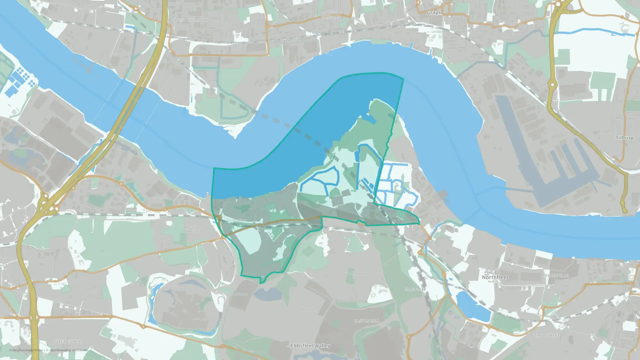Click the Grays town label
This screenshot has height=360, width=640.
pos(433,12)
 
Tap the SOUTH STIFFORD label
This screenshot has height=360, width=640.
pos(331,15)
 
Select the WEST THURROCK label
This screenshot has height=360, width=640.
pos(191,20)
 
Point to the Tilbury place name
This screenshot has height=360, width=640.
pos(624,138)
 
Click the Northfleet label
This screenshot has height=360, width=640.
pos(495,277)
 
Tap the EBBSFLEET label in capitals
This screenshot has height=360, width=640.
pos(415,289)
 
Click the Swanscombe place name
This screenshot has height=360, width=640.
pos(354,274)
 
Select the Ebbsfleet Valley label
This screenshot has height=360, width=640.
pos(310,346)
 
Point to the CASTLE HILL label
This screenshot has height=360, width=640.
pos(366,321)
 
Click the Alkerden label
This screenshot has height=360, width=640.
pos(309,309)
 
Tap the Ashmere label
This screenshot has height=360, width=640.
pos(240,294)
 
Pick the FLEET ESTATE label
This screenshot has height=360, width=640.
pos(68,341)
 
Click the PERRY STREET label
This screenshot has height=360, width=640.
pos(546,336)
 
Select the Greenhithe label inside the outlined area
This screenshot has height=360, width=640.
pos(237,220)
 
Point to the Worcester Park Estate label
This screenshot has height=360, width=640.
pos(192,229)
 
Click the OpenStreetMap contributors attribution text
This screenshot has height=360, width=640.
pos(68,350)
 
